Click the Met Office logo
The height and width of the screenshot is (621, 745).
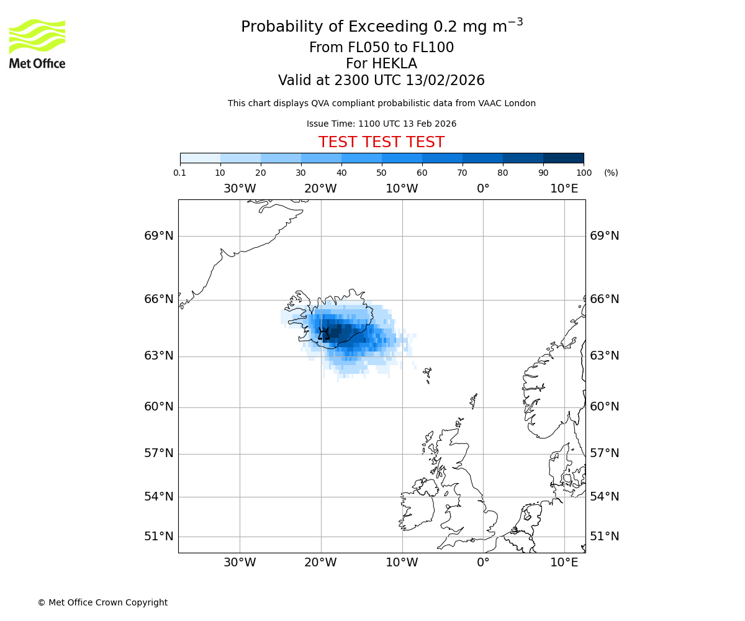tap(37, 43)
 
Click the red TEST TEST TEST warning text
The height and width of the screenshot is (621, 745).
tap(381, 142)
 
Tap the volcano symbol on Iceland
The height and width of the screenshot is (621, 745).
tap(323, 333)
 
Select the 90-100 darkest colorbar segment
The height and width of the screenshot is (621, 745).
tap(563, 158)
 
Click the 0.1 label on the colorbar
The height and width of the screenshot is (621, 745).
tap(180, 173)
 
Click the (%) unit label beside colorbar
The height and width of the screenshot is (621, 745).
tap(611, 173)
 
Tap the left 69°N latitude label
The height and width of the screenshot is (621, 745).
tap(159, 236)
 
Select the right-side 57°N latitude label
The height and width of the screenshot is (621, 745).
tap(604, 453)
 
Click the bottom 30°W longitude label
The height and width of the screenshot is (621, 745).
tap(240, 563)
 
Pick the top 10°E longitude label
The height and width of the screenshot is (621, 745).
tap(564, 189)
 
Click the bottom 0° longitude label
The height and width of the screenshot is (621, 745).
tap(483, 563)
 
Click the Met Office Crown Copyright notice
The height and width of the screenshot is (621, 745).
tap(102, 602)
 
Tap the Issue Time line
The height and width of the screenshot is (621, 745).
tap(381, 124)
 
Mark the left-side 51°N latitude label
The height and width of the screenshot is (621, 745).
tap(159, 537)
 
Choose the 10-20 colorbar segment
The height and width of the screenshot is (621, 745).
tap(240, 158)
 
